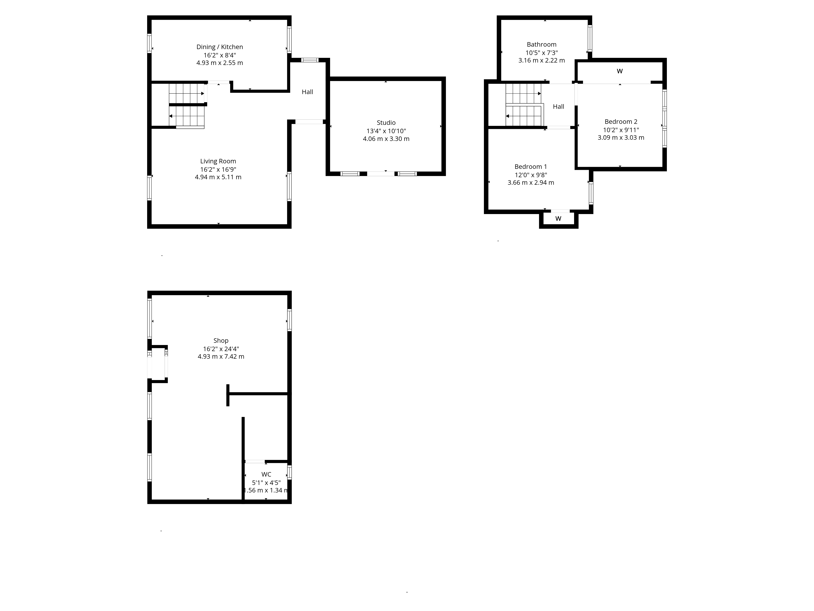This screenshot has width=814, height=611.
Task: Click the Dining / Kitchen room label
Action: [220, 47]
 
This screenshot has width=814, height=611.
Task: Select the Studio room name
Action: [386, 123]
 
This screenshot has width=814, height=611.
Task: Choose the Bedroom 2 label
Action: [621, 122]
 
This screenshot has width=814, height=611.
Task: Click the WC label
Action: [266, 474]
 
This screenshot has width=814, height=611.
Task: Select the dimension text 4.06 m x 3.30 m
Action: [386, 139]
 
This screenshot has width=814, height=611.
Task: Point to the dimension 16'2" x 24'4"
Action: [221, 349]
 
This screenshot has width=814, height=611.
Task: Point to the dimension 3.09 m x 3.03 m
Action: [621, 138]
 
